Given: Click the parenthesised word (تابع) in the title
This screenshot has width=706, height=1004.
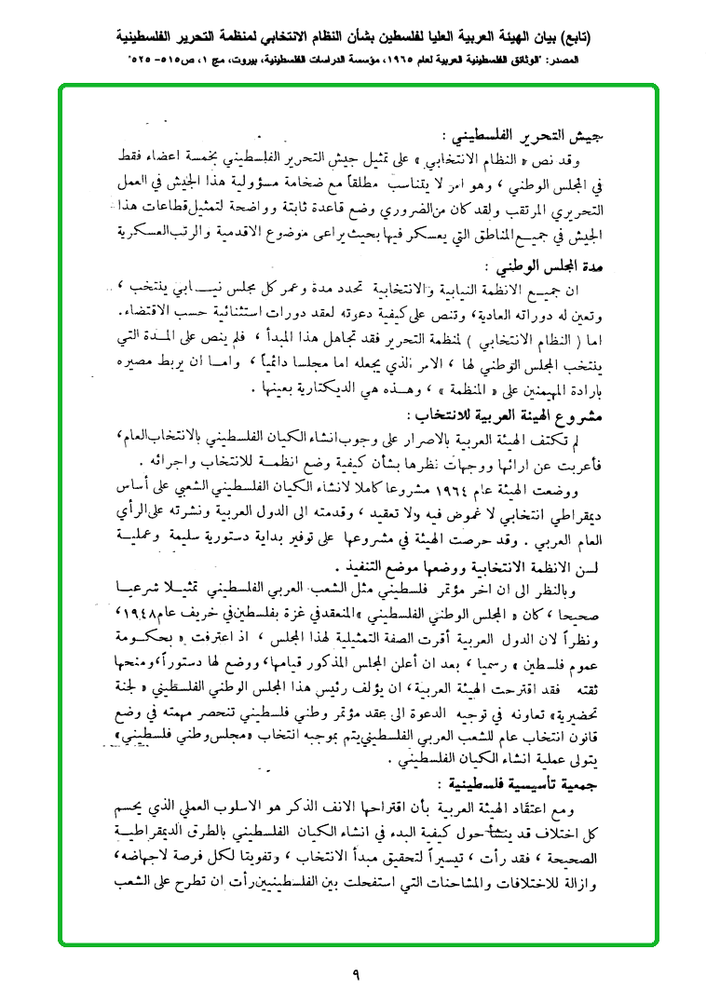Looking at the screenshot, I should pos(581,38).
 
